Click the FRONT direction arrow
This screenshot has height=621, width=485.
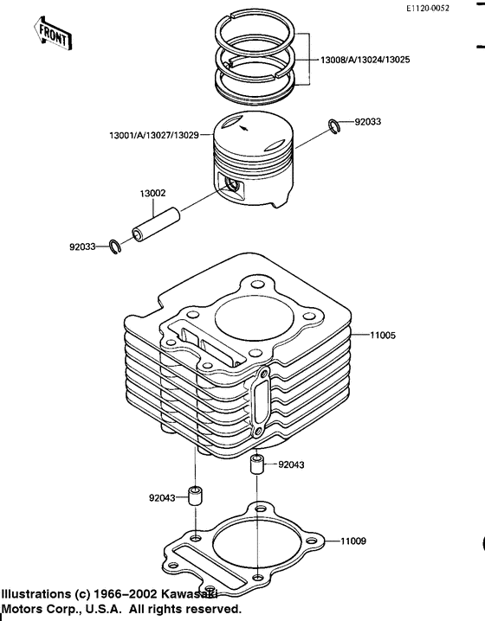click(53, 34)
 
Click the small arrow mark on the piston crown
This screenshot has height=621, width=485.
click(248, 126)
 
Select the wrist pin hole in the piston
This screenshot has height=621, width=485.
click(230, 183)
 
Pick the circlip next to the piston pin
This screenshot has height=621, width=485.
click(115, 246)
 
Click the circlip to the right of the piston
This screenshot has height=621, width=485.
click(333, 128)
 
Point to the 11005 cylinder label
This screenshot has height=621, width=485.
click(384, 334)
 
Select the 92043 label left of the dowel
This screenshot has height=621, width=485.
click(162, 498)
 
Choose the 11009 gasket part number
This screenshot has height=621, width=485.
click(353, 541)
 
